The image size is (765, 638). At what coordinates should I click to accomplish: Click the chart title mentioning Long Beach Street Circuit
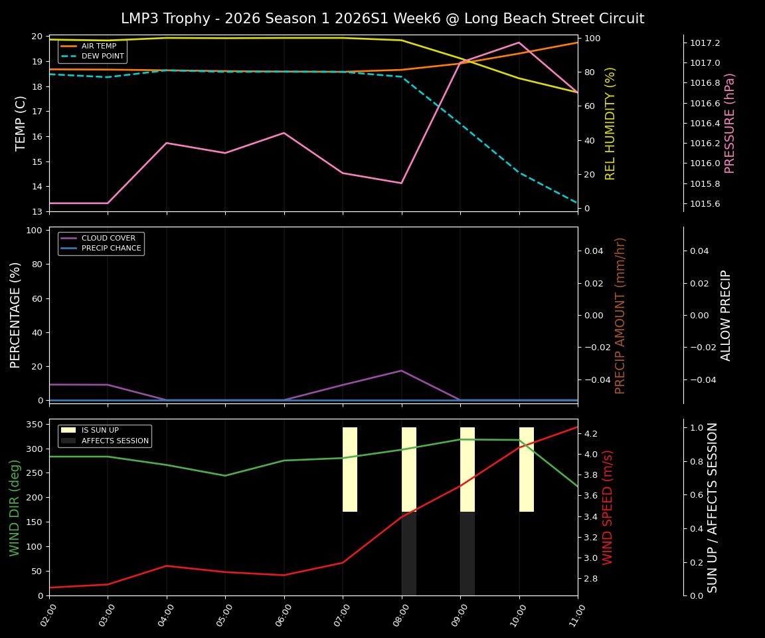point(382,19)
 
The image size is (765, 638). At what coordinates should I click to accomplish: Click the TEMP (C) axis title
point(21,123)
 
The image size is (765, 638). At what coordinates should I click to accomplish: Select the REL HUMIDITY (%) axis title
point(610,123)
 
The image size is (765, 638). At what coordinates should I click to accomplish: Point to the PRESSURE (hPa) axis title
point(730,123)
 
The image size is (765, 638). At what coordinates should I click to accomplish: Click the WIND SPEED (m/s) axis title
point(608,507)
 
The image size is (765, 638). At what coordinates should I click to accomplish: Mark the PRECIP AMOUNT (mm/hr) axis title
point(620,315)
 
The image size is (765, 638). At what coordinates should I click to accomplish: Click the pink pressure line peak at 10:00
point(519,43)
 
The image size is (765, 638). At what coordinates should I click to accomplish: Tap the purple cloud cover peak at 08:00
point(401,371)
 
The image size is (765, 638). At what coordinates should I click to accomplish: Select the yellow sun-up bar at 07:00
point(350,469)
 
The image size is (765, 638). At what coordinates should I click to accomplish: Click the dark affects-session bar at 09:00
point(467,553)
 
